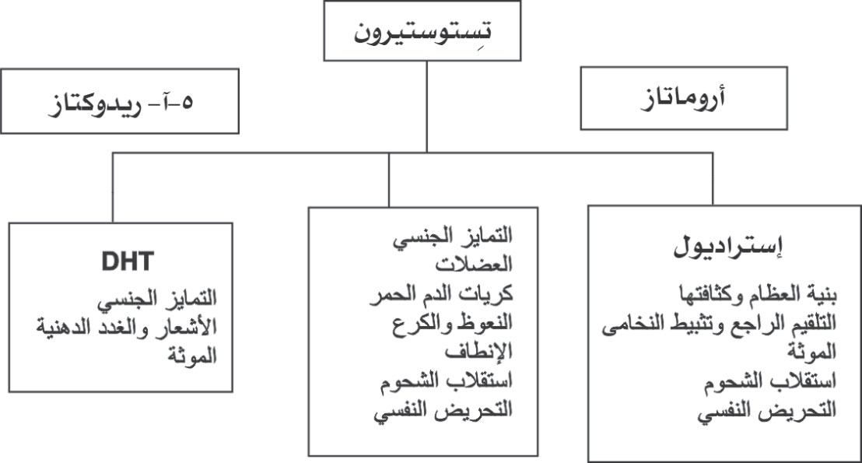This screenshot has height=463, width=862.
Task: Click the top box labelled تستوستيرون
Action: tap(422, 31)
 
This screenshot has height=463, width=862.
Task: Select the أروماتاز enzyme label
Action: tap(683, 98)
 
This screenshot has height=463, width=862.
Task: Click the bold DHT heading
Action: tap(128, 261)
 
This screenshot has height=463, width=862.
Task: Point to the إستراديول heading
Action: tap(728, 247)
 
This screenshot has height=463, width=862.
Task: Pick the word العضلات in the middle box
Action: tap(474, 265)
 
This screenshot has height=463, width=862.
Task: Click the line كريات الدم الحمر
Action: tap(441, 293)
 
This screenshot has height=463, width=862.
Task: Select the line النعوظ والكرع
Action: tap(453, 323)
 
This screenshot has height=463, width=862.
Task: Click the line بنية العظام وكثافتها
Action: tap(758, 294)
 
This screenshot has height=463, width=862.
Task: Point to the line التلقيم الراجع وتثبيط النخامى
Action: tap(719, 324)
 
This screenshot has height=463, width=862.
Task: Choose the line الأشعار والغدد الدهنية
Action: tap(127, 327)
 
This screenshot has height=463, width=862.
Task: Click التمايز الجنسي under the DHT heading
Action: tap(157, 299)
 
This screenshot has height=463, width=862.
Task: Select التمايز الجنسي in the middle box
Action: tap(453, 237)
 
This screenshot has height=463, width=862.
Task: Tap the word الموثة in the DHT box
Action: tap(192, 356)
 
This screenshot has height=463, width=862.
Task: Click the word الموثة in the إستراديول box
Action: tap(811, 352)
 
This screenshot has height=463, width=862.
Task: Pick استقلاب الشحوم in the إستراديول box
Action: tap(770, 381)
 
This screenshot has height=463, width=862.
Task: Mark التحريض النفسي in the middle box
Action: tap(443, 410)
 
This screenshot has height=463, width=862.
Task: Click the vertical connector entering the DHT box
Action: tap(113, 188)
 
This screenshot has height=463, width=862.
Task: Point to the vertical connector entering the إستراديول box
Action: tap(713, 179)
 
